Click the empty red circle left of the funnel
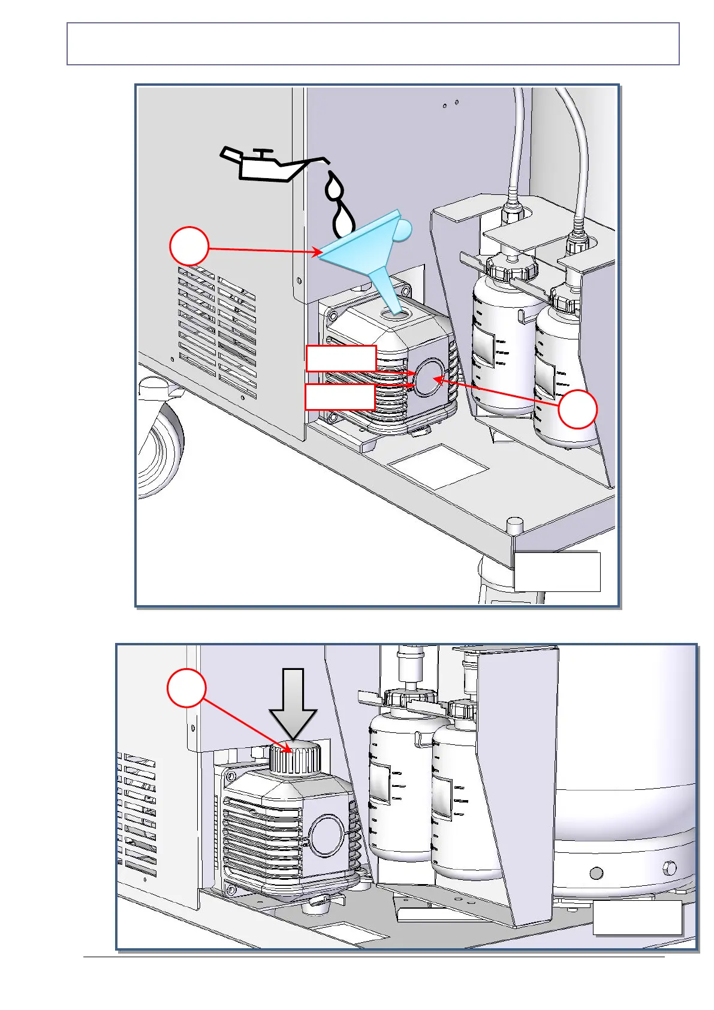[189, 246]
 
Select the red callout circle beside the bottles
[577, 410]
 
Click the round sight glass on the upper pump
[429, 378]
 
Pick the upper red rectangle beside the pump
[341, 359]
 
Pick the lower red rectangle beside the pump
[341, 396]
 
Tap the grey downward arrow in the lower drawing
[293, 705]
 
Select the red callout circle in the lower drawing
[186, 688]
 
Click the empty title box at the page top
[373, 44]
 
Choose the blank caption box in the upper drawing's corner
[557, 572]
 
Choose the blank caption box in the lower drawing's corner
[637, 917]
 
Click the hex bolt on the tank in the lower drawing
[670, 868]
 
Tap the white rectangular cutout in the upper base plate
[438, 465]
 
